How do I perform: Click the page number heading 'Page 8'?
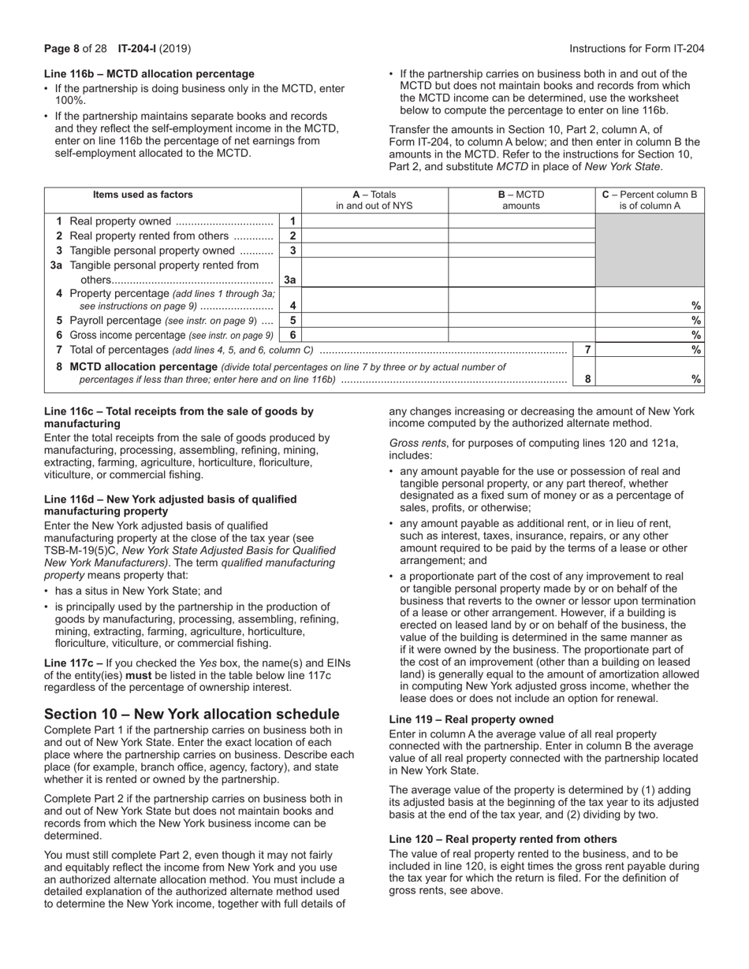[62, 48]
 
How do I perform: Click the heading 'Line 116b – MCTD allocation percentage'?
[149, 73]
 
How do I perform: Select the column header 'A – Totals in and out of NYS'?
[374, 201]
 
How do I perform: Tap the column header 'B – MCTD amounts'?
[521, 201]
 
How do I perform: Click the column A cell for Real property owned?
[374, 221]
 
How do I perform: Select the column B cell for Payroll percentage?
[521, 321]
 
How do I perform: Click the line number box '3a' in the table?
[290, 280]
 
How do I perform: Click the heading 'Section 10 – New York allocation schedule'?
[192, 714]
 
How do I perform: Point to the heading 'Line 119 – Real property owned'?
[471, 719]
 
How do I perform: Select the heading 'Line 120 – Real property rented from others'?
[503, 839]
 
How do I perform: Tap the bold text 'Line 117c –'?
[73, 663]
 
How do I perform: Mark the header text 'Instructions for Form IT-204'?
[636, 48]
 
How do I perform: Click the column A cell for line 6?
[374, 335]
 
